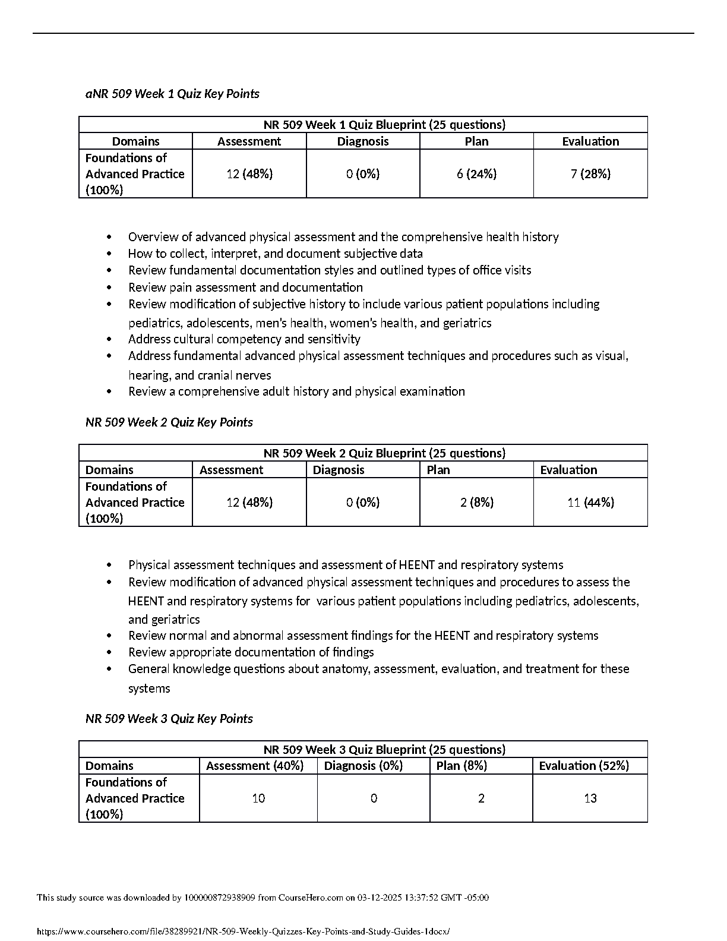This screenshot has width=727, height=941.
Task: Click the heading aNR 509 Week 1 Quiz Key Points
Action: point(172,94)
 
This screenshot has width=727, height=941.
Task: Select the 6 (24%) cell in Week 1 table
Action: point(477,174)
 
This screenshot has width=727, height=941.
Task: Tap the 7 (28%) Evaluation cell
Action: point(590,174)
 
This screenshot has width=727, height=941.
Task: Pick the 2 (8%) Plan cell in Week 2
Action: point(477,503)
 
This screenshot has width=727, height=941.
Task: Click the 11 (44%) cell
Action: point(590,503)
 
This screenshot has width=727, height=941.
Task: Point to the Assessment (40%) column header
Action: point(255,766)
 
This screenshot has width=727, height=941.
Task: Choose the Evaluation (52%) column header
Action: point(584,766)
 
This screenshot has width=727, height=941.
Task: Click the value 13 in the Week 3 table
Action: point(590,798)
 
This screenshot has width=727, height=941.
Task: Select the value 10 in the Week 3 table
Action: point(258,798)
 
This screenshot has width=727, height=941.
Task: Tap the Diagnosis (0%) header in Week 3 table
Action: point(363,766)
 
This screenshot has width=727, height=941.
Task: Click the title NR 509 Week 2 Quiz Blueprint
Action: point(384,453)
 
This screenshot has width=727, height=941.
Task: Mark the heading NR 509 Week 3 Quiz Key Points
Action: point(169,719)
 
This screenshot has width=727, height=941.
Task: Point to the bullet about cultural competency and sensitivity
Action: point(244,339)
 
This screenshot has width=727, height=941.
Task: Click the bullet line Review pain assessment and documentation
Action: point(245,288)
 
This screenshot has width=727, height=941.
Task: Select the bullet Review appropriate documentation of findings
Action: point(251,652)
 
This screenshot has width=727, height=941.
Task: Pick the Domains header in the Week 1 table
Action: point(136,141)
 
